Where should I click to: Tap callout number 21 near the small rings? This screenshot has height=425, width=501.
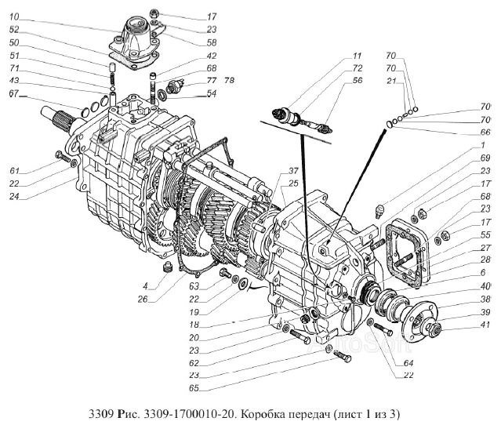pyautogui.click(x=390, y=82)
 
